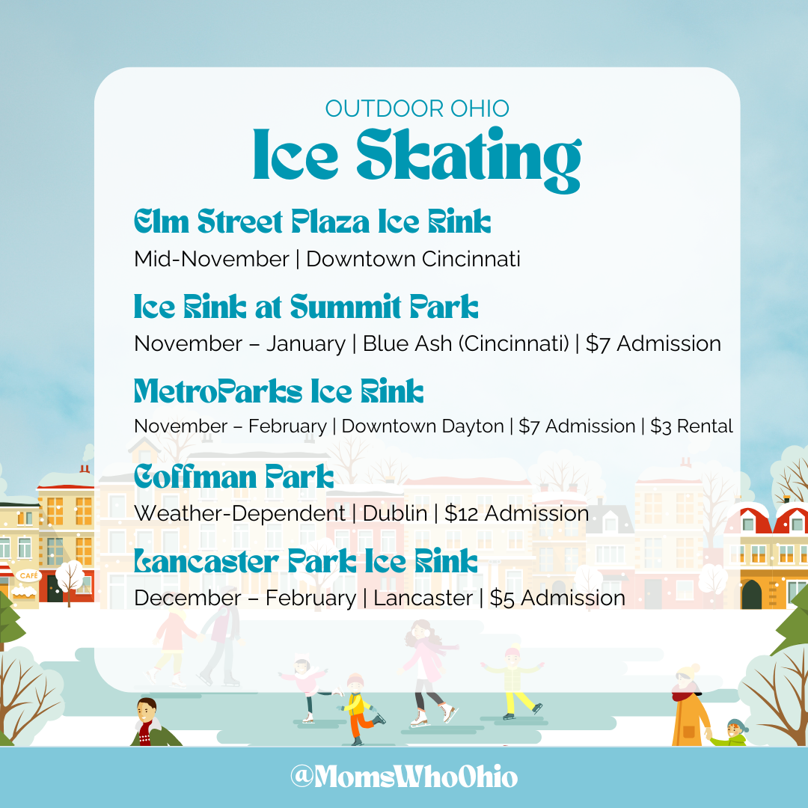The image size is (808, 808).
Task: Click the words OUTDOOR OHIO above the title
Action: coord(417,108)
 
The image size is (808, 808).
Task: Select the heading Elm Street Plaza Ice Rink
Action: coord(312,222)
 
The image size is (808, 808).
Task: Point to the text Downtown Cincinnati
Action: coord(413,260)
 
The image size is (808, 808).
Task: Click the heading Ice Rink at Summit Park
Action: coord(306,307)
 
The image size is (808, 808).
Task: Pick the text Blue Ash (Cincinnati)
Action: coord(465,343)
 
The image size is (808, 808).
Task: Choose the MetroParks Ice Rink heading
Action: coord(278,391)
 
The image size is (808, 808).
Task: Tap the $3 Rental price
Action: coord(691,426)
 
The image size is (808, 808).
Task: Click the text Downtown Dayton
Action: coord(423,426)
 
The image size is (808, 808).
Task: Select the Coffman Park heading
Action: coord(233,477)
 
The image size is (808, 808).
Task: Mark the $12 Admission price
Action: coord(516,514)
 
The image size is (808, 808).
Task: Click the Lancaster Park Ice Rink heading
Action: coord(305,561)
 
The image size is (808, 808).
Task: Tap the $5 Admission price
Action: coord(557,599)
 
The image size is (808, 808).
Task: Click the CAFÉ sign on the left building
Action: coord(28,575)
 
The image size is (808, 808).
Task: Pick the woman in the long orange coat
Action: coord(688,707)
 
